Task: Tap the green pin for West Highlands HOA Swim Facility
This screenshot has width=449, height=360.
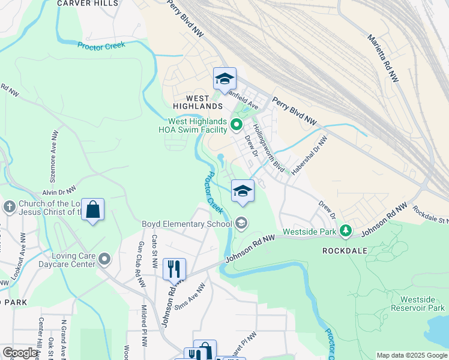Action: [236, 125]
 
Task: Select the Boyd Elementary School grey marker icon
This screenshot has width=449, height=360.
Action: [241, 224]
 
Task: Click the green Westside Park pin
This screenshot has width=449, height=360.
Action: [345, 230]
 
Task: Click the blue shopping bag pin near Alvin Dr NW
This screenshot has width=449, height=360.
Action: [92, 210]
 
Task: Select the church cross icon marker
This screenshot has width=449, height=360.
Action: [8, 208]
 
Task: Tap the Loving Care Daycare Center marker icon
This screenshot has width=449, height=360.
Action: [105, 259]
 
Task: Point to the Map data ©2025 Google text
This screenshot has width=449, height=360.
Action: [411, 355]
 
